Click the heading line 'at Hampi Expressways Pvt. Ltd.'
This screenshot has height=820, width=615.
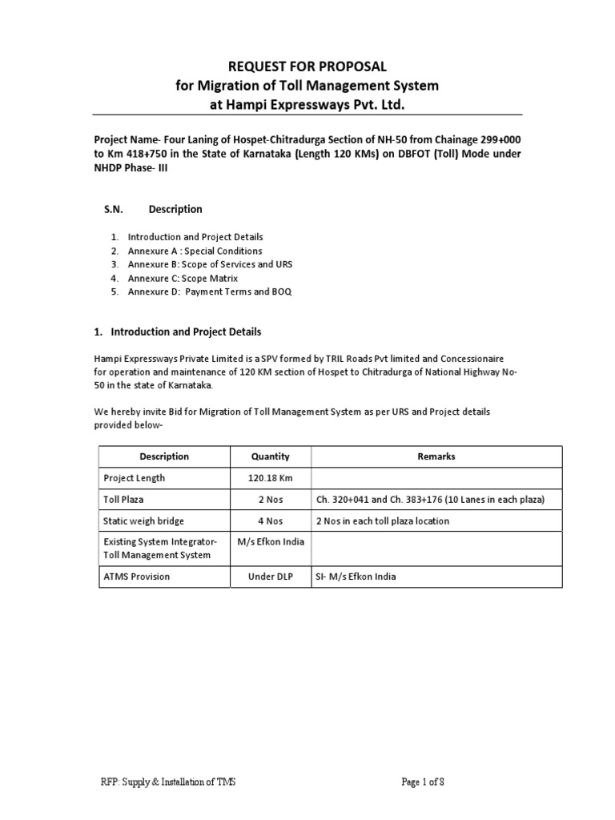(307, 105)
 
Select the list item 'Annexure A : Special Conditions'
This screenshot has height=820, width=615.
(195, 251)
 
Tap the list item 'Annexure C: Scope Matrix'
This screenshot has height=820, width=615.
(183, 278)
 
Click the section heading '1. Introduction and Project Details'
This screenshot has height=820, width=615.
(178, 332)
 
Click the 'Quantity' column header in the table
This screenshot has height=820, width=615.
(271, 456)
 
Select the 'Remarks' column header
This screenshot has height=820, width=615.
(436, 456)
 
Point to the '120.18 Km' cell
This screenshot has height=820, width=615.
(271, 478)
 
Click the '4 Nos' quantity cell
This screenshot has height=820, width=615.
(271, 521)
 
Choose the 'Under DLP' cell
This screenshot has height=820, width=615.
(271, 577)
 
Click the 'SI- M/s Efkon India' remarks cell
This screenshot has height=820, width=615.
(356, 577)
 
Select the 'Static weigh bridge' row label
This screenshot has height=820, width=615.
(144, 521)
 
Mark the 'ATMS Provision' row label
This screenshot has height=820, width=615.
(137, 577)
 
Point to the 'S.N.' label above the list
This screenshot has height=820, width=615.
(113, 209)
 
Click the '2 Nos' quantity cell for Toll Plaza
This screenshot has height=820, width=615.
(271, 500)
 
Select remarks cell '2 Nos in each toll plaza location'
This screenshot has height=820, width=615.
(383, 521)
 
